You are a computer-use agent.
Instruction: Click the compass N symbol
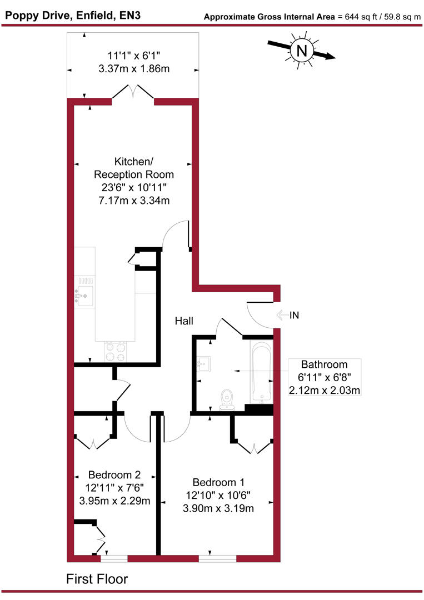302,51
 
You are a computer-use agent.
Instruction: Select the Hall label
184,321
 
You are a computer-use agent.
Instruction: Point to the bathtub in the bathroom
261,372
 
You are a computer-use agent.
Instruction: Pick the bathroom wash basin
203,364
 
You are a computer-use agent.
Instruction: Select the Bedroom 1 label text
218,482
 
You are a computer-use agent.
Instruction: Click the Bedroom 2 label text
114,475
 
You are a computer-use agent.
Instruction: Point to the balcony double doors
133,93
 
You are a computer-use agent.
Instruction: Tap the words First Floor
97,579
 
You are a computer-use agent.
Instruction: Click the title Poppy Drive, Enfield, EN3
72,15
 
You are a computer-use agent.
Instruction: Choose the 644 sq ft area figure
355,17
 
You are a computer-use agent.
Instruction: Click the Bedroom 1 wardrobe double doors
253,447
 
